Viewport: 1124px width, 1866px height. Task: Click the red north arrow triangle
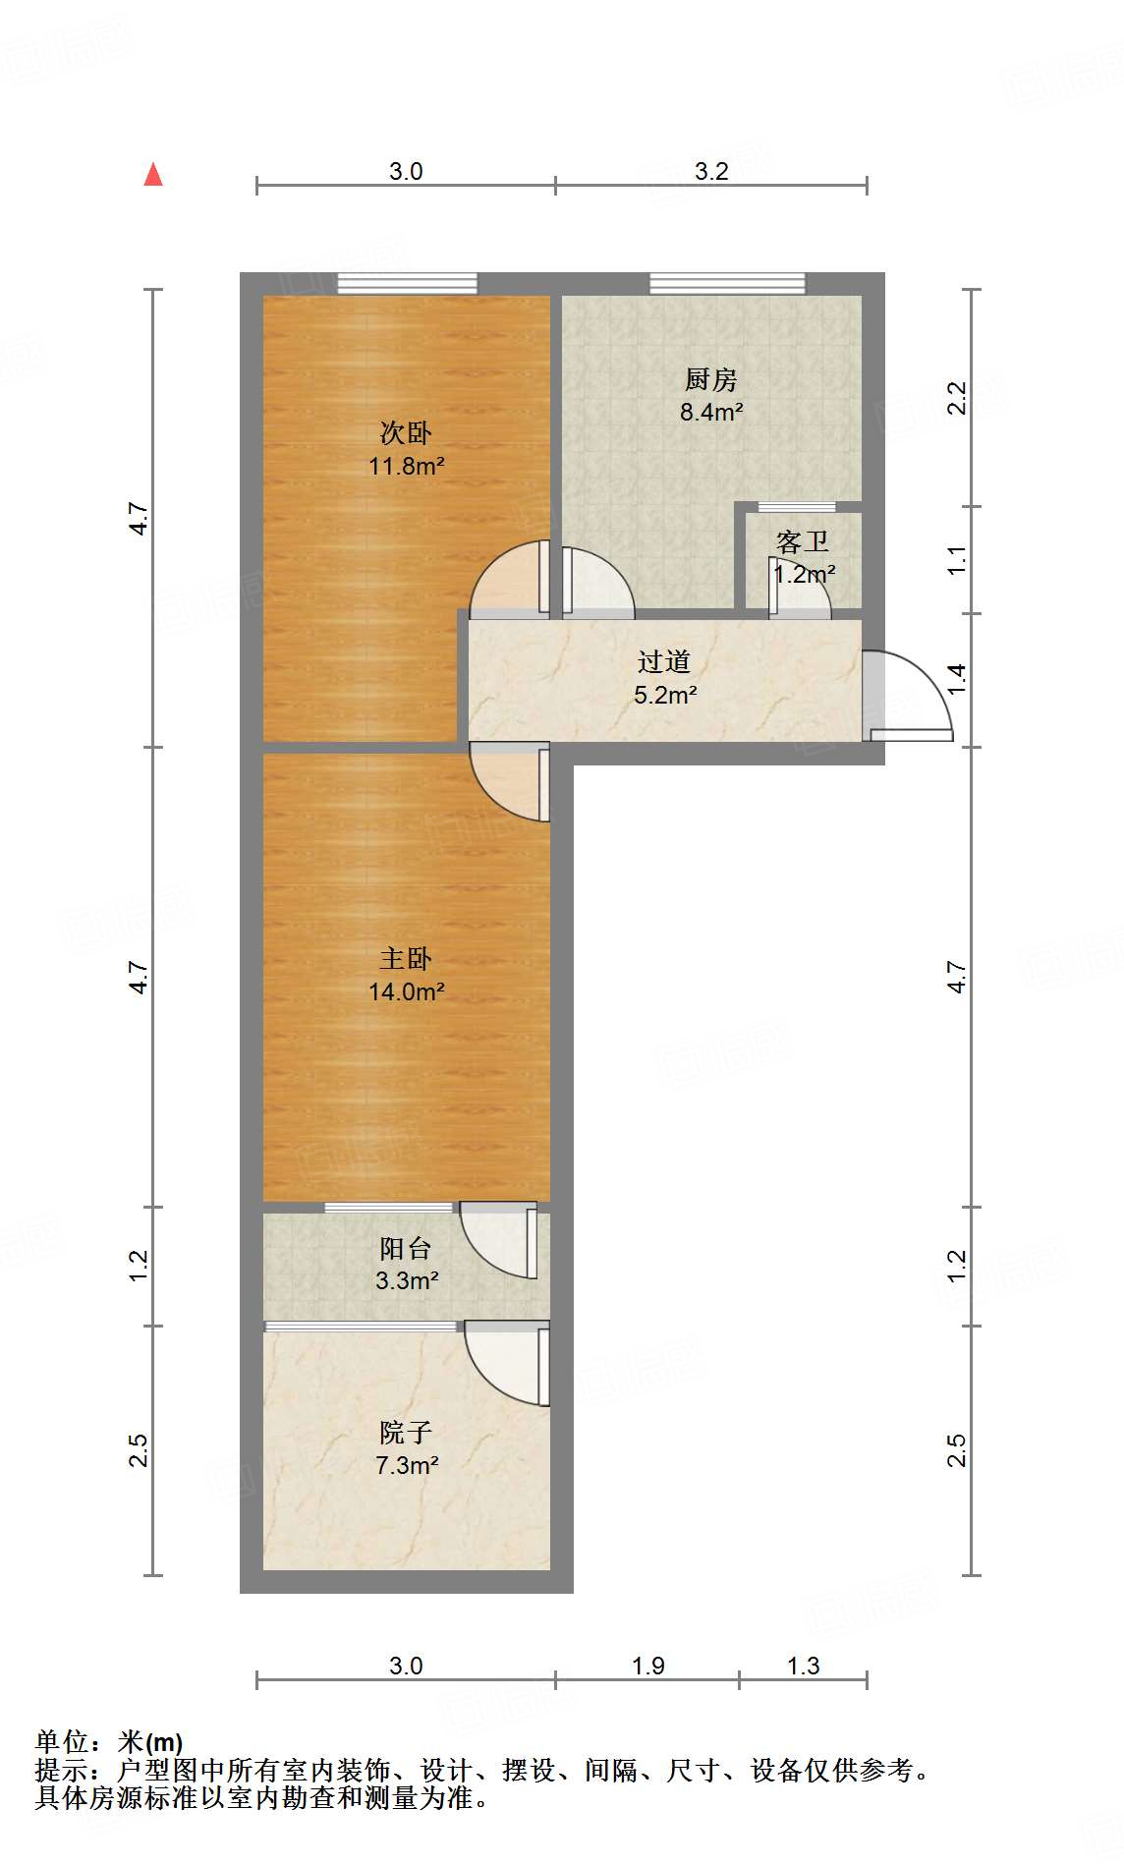[x=153, y=175]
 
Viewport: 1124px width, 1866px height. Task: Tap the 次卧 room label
[x=406, y=432]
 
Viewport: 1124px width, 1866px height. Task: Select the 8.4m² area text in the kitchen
[x=711, y=412]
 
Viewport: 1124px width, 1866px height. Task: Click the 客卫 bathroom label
[x=803, y=541]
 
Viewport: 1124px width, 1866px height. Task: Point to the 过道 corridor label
[x=664, y=661]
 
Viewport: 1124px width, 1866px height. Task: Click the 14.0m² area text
[x=407, y=991]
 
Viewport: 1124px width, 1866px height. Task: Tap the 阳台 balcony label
[x=406, y=1248]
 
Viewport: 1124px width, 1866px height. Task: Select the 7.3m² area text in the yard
[x=407, y=1465]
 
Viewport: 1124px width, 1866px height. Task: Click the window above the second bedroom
[x=407, y=283]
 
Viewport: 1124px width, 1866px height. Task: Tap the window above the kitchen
[x=727, y=283]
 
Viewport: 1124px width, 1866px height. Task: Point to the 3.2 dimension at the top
[x=711, y=171]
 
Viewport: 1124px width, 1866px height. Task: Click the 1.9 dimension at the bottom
[x=647, y=1666]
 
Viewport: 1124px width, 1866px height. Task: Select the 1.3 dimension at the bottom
[x=803, y=1666]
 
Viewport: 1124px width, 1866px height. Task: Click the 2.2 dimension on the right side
[x=957, y=398]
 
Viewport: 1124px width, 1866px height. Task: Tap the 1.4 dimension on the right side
[x=957, y=679]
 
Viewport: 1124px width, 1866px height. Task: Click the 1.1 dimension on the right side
[x=957, y=560]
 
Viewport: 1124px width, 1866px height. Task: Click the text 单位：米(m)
[x=109, y=1742]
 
